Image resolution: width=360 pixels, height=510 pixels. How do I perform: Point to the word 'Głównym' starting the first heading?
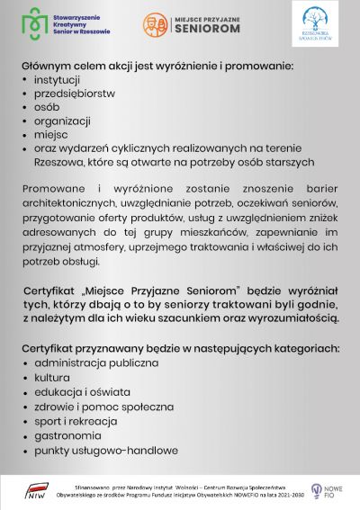48,67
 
